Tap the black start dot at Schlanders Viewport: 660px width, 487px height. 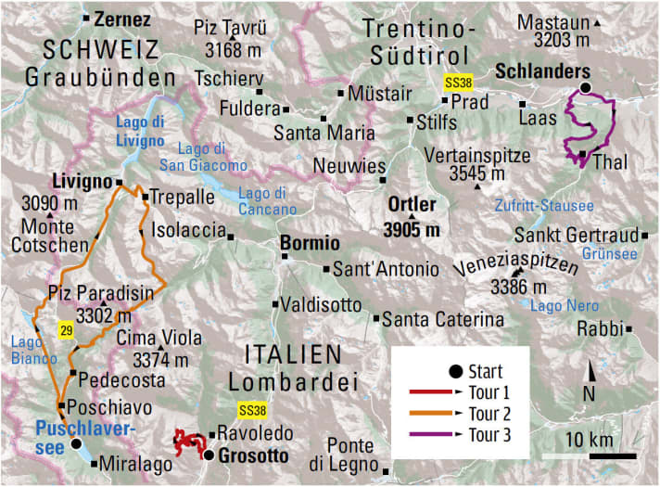(x=585, y=88)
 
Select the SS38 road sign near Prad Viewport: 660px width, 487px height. (x=458, y=82)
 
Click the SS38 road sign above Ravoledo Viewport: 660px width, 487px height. (x=251, y=409)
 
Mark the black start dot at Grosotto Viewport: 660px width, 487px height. (x=209, y=455)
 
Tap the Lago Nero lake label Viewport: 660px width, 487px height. (x=559, y=304)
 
